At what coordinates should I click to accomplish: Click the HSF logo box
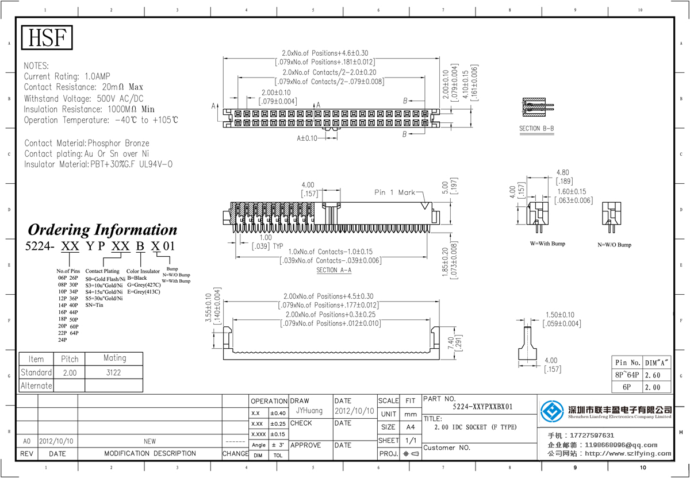(x=48, y=38)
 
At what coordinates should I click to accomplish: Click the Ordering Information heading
(x=103, y=230)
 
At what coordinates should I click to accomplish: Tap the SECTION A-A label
(x=333, y=270)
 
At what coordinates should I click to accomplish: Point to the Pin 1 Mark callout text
(x=394, y=192)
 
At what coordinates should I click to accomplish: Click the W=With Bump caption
(x=547, y=244)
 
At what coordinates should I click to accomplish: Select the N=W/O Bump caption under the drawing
(x=614, y=245)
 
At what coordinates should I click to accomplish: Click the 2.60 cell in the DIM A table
(x=656, y=375)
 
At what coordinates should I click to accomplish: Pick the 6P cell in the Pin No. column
(x=627, y=387)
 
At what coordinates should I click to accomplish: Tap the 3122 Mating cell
(x=114, y=372)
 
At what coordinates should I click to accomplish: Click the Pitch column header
(x=70, y=359)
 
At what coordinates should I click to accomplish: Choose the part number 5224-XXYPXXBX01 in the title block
(x=482, y=407)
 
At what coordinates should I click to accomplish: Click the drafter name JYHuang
(x=309, y=411)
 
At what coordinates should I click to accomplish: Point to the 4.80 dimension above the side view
(x=562, y=172)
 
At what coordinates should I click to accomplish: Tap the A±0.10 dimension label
(x=307, y=138)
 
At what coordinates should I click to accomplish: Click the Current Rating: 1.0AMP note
(x=67, y=76)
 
